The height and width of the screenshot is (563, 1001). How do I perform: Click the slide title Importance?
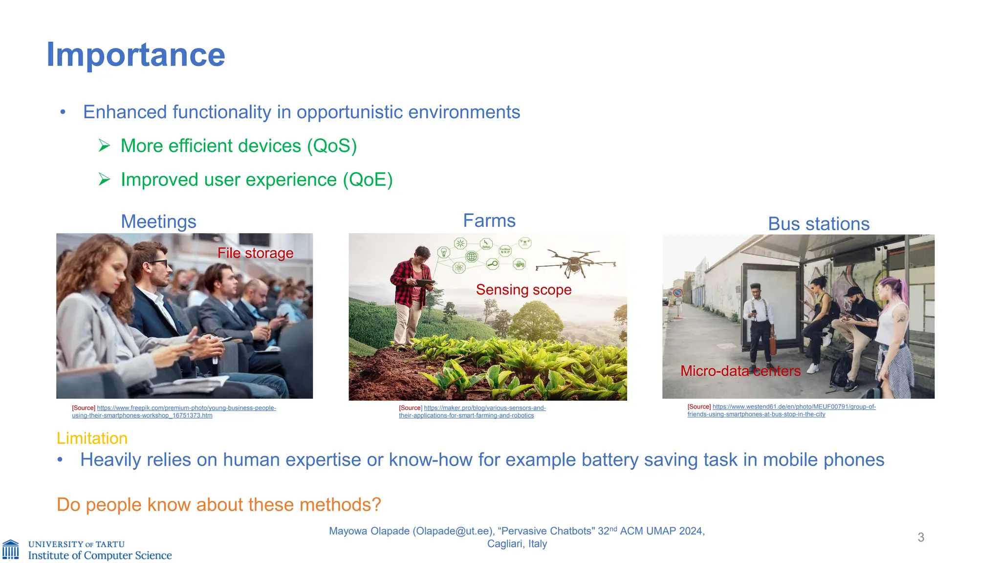click(x=135, y=55)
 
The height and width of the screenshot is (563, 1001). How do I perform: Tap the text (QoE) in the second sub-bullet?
click(x=368, y=179)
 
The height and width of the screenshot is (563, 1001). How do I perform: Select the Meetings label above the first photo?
click(x=158, y=221)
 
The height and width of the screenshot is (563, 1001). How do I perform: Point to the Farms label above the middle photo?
click(x=489, y=220)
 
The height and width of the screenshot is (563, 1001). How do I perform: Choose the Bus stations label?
click(x=819, y=224)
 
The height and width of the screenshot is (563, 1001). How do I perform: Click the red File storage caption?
click(x=255, y=253)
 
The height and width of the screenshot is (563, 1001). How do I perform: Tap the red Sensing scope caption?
click(x=523, y=290)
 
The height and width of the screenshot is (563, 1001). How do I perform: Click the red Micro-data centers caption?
click(x=740, y=371)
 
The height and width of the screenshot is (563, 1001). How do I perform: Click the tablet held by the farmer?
click(x=424, y=282)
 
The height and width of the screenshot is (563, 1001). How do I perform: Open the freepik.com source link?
click(x=186, y=408)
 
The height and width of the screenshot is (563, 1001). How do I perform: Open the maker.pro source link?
click(x=484, y=408)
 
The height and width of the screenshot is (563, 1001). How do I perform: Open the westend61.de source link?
click(x=794, y=407)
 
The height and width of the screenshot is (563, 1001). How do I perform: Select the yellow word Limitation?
click(x=92, y=438)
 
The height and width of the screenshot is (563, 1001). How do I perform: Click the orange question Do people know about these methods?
click(x=218, y=504)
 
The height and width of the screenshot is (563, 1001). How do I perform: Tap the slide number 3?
click(x=921, y=538)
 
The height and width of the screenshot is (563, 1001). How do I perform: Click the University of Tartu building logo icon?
click(x=11, y=550)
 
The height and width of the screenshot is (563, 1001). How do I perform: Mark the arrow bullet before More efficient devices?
click(x=104, y=146)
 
